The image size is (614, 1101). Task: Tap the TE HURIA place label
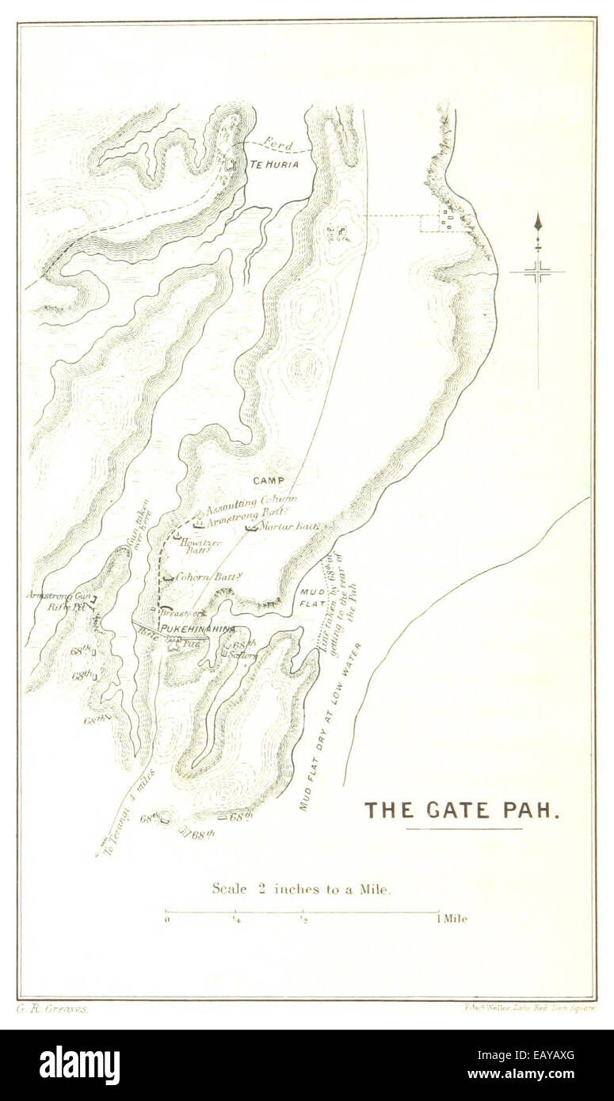pyautogui.click(x=274, y=165)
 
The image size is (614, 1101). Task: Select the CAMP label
pyautogui.click(x=269, y=481)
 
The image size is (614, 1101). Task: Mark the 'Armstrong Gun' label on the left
pyautogui.click(x=57, y=596)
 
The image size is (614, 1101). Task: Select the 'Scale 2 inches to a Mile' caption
pyautogui.click(x=301, y=889)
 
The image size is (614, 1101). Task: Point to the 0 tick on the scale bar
pyautogui.click(x=166, y=919)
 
